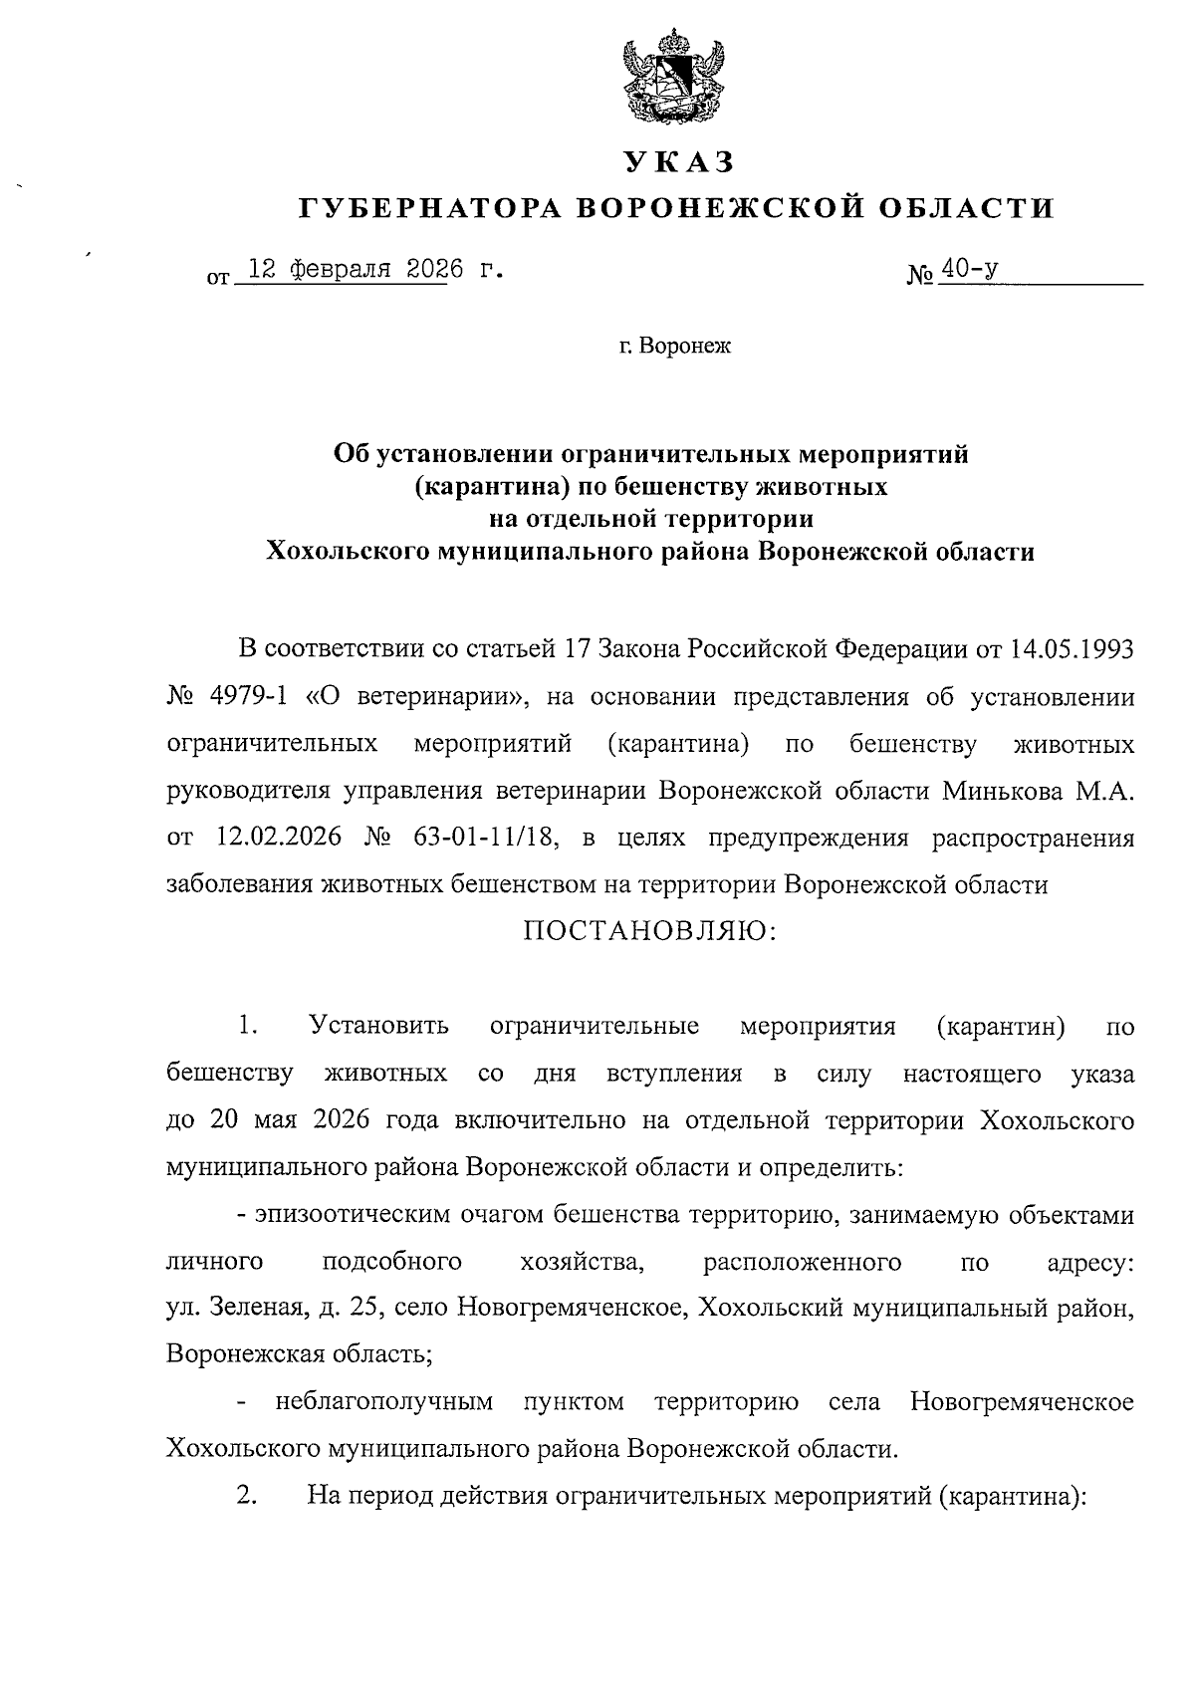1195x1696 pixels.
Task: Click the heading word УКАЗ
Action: [678, 161]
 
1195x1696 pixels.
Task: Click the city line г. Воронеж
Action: [674, 347]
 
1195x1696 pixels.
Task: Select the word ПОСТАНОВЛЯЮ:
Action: [648, 930]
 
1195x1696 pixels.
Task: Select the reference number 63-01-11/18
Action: [478, 838]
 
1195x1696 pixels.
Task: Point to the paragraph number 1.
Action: [248, 1025]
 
